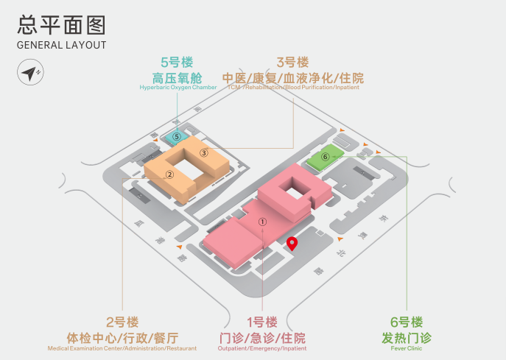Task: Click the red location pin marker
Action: [292, 244]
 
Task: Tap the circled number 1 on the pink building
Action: [261, 220]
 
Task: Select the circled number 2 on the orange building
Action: [169, 174]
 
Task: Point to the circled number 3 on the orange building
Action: [204, 152]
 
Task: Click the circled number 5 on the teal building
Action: [176, 136]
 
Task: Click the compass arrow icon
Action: [30, 74]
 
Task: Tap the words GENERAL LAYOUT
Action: [61, 45]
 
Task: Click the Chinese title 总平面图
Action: [61, 24]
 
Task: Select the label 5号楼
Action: [178, 63]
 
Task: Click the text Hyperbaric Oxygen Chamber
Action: [178, 88]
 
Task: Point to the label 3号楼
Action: [292, 63]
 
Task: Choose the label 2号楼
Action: [122, 322]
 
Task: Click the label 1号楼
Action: [262, 322]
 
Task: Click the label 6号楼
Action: [407, 322]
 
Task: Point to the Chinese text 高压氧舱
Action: [178, 77]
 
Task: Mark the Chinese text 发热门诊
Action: [407, 338]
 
